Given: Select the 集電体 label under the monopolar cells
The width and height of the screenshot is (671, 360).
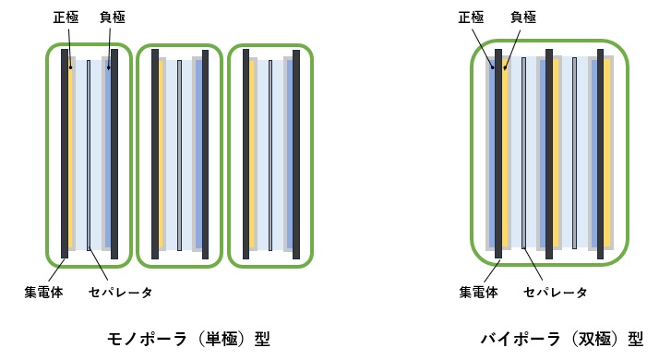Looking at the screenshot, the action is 42,293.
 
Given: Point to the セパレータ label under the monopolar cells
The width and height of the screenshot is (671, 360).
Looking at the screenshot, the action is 120,293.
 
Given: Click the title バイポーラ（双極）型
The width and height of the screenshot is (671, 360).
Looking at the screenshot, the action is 561,338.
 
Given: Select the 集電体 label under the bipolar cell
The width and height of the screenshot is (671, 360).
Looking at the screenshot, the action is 478,293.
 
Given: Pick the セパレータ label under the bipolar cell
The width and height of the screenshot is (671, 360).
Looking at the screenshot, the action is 555,293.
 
